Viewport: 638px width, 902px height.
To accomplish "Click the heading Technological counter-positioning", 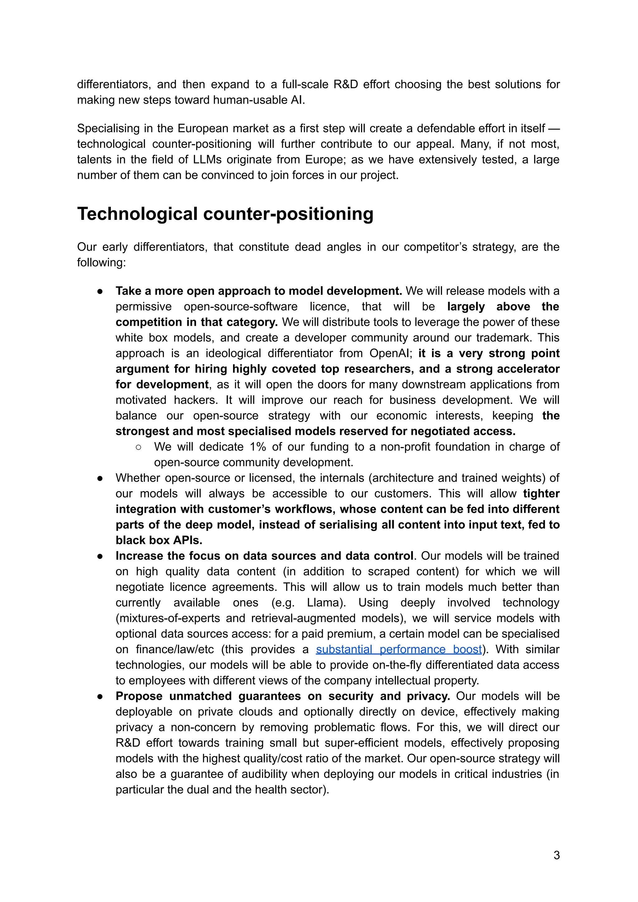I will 225,214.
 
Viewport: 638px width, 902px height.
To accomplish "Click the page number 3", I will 556,855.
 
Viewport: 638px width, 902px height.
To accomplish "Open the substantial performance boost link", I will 399,649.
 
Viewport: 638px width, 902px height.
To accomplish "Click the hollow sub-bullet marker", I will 138,447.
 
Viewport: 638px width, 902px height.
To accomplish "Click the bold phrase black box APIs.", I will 159,540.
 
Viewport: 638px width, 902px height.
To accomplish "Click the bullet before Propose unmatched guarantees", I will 100,696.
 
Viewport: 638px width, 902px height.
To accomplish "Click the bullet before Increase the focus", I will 100,556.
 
